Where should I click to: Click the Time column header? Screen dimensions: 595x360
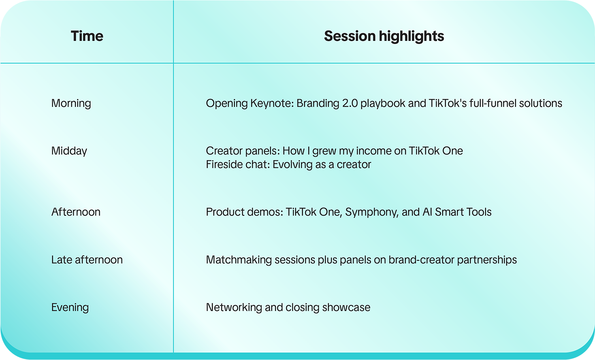pyautogui.click(x=87, y=36)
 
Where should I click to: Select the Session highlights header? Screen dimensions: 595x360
pyautogui.click(x=384, y=36)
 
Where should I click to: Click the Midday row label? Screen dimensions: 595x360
pyautogui.click(x=69, y=151)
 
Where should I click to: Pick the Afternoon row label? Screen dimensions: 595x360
pyautogui.click(x=76, y=212)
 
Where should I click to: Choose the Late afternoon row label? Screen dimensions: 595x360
pyautogui.click(x=87, y=260)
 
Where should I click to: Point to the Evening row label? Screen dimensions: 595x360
pyautogui.click(x=70, y=308)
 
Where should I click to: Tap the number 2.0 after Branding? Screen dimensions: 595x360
pyautogui.click(x=350, y=103)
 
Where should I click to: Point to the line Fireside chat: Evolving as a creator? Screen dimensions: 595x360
pyautogui.click(x=288, y=164)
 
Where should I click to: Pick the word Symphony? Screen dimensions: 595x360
pyautogui.click(x=371, y=212)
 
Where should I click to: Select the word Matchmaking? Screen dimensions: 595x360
pyautogui.click(x=239, y=260)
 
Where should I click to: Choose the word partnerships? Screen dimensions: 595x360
pyautogui.click(x=487, y=260)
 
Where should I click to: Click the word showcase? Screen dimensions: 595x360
pyautogui.click(x=346, y=307)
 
